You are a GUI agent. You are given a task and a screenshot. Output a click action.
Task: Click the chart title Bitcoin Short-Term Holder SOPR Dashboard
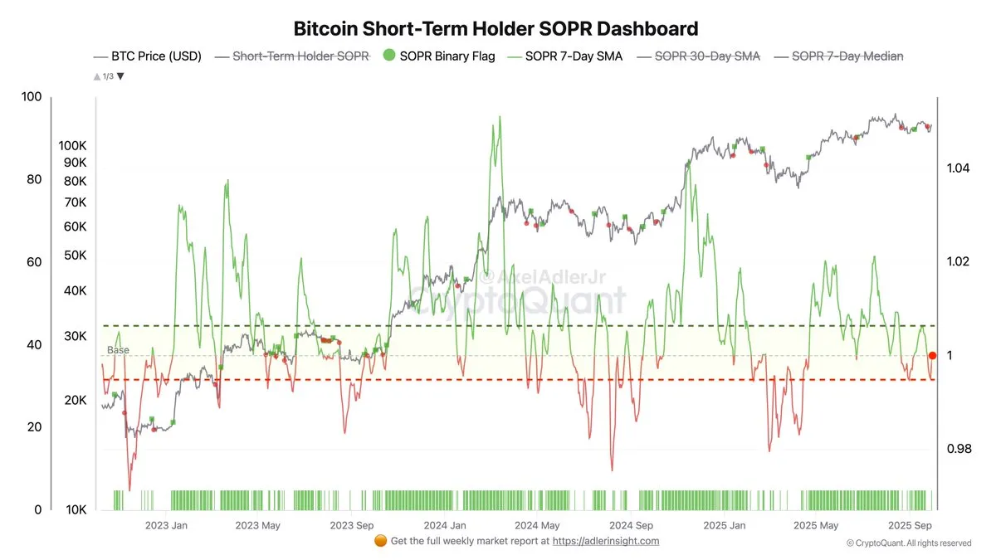496,29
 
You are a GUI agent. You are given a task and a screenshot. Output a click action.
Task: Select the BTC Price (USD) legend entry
147,56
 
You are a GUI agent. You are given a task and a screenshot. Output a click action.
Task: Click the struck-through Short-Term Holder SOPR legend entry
300,56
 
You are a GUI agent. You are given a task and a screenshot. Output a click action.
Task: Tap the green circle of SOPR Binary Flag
388,56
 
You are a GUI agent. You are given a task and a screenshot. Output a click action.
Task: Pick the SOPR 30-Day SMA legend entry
706,56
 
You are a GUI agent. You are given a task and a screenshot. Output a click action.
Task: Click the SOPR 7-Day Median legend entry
847,56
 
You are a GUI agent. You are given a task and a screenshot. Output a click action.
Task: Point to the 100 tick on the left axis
32,97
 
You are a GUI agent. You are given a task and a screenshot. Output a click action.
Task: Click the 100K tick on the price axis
72,145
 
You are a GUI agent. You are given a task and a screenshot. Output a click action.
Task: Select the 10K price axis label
76,510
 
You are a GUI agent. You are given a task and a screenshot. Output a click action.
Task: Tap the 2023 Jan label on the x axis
166,525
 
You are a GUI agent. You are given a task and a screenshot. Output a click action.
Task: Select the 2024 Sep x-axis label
631,525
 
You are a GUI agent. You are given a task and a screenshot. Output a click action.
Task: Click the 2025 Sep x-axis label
911,525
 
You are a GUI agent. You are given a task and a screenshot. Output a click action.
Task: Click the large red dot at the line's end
932,355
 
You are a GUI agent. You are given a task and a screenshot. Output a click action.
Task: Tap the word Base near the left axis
118,351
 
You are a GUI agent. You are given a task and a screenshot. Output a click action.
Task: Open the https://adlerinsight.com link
606,541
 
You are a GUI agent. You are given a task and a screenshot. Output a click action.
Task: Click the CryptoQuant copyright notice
908,543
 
